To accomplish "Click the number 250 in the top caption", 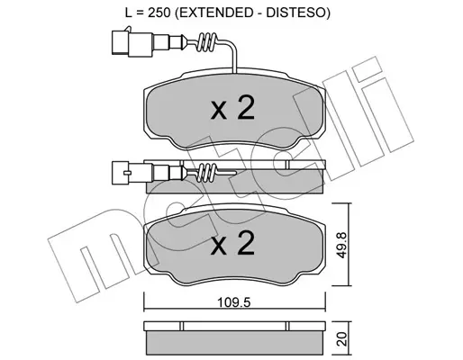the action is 159,13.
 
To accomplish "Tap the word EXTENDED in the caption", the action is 213,13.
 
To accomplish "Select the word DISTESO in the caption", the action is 295,13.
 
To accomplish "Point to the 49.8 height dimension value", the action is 340,244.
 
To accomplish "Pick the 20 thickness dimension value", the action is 341,338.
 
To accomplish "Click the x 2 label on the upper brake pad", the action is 233,108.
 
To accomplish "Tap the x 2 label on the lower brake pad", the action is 233,243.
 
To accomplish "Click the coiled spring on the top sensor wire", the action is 206,42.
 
